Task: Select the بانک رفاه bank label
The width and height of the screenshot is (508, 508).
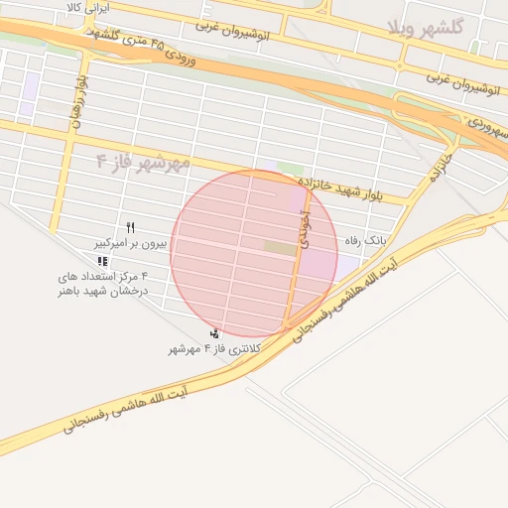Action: [x=365, y=241]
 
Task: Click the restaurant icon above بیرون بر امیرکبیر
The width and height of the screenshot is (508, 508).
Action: [x=130, y=228]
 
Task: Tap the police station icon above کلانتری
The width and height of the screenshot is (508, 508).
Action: [x=215, y=333]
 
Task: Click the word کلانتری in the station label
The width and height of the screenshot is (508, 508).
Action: [x=244, y=349]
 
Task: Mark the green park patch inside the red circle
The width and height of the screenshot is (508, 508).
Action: [x=280, y=248]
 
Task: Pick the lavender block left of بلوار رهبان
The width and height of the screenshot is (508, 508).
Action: [x=33, y=85]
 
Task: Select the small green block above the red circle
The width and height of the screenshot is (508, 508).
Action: [x=290, y=170]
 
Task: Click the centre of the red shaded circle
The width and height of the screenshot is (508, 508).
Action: [x=254, y=254]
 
